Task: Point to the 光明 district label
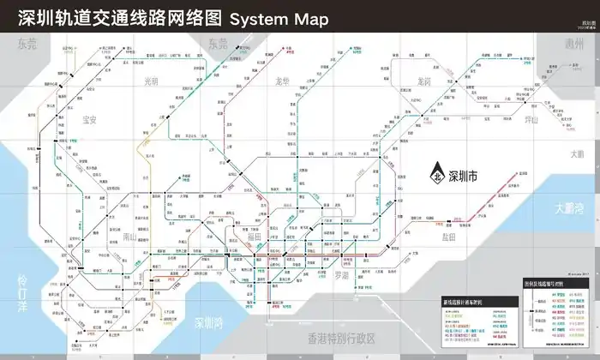150,81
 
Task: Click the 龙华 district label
283,81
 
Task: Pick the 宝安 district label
89,120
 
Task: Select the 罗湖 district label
343,275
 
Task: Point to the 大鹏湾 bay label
570,207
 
